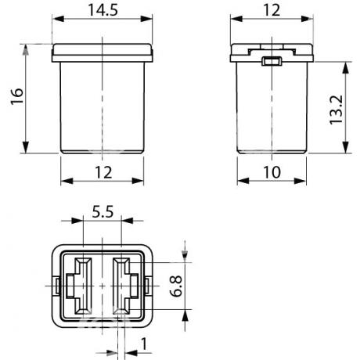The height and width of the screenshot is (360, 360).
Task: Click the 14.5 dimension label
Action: click(103, 10)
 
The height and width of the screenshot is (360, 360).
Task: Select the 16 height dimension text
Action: click(17, 96)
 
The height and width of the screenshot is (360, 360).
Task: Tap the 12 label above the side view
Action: click(272, 10)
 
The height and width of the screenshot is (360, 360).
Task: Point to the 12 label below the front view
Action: click(103, 172)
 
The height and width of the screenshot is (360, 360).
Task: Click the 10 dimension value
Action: click(272, 172)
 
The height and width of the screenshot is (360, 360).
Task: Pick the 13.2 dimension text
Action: click(336, 110)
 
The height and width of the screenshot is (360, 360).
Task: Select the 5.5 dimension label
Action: click(103, 211)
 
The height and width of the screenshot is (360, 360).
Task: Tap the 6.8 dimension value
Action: click(176, 286)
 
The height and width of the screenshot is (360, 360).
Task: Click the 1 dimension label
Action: click(144, 344)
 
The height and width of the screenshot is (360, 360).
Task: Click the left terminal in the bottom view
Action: click(79, 286)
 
